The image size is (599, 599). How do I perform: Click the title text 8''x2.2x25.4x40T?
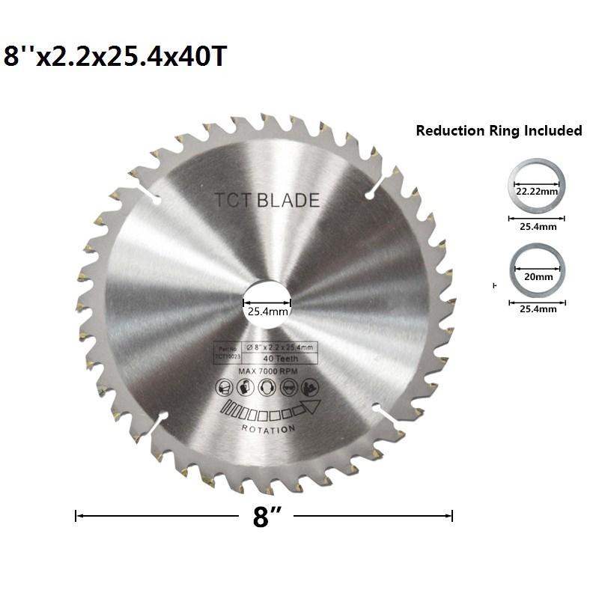pyautogui.click(x=115, y=56)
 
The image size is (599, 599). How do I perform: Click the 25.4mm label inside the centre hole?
pyautogui.click(x=267, y=314)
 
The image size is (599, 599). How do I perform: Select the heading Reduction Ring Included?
pyautogui.click(x=499, y=131)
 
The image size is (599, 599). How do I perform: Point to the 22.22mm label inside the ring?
pyautogui.click(x=536, y=192)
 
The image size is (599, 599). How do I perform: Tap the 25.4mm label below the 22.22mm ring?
pyautogui.click(x=536, y=226)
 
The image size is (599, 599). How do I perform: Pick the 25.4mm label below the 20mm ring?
pyautogui.click(x=536, y=308)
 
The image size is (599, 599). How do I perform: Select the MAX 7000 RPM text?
pyautogui.click(x=267, y=371)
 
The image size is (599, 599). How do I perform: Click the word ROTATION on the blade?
pyautogui.click(x=268, y=428)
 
